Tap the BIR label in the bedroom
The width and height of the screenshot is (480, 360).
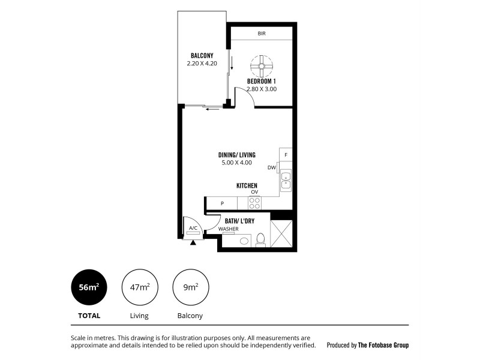click(262, 34)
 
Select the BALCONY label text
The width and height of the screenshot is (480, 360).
click(202, 55)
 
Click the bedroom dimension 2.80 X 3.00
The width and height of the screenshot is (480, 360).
click(262, 89)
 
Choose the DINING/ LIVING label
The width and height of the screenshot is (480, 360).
click(237, 154)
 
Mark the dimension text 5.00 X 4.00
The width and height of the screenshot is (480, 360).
click(237, 163)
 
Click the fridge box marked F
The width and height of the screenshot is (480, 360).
click(286, 155)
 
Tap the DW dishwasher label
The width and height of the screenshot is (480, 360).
click(272, 168)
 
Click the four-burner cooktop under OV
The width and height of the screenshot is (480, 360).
click(255, 203)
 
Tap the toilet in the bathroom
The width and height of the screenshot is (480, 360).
click(260, 241)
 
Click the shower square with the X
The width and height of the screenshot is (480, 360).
click(281, 234)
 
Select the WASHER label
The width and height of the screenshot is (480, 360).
click(227, 229)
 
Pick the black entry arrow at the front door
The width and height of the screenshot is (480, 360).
click(193, 242)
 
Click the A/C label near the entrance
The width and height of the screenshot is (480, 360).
click(193, 229)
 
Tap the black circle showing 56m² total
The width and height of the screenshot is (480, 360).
click(89, 287)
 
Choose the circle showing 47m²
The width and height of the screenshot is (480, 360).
click(139, 287)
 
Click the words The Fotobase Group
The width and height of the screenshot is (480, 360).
click(383, 346)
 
